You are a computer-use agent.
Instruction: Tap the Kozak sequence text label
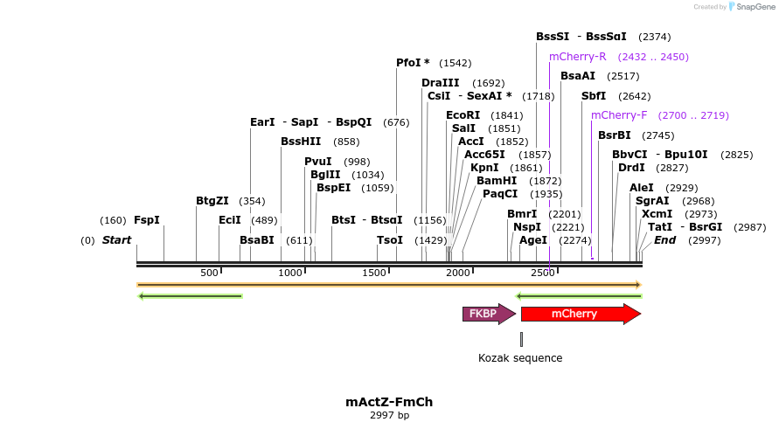520,358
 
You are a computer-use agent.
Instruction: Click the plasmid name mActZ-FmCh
389,402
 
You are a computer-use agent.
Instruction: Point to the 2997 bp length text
389,415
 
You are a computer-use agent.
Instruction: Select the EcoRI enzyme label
463,115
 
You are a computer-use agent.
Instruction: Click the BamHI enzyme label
497,181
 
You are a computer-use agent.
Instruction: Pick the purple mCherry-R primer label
578,57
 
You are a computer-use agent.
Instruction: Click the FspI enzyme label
147,220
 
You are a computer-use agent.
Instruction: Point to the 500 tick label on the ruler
209,273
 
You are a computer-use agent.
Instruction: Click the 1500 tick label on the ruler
377,273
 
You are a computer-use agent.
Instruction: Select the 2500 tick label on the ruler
543,273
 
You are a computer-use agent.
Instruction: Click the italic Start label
116,240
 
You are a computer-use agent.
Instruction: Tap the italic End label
665,240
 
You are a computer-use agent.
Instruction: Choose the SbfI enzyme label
594,96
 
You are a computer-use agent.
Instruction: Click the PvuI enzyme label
318,162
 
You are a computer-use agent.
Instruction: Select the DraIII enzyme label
441,83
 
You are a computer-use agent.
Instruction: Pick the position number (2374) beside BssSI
655,37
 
